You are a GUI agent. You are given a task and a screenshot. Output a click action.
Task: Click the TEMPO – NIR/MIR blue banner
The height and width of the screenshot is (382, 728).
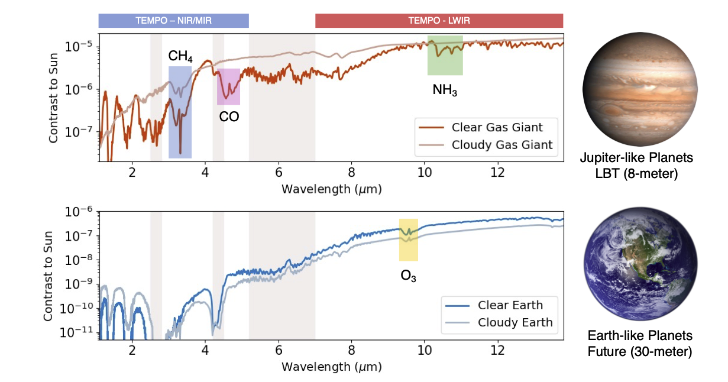pos(173,21)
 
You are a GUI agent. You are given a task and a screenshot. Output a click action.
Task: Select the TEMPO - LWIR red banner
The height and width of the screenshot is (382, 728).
pos(439,21)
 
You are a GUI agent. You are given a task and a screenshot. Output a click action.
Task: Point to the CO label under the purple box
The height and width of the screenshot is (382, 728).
pos(229,116)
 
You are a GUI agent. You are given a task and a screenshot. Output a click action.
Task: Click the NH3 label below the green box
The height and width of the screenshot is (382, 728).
pos(445,90)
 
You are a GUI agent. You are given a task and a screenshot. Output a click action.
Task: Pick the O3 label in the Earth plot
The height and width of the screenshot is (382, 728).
pos(409,275)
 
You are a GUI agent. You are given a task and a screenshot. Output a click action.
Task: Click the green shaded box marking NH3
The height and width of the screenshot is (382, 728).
pos(445,56)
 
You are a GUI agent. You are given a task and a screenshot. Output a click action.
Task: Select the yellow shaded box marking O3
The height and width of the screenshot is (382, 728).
pos(409,239)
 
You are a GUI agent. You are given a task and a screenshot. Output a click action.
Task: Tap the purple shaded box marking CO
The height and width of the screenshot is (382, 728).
pos(228,87)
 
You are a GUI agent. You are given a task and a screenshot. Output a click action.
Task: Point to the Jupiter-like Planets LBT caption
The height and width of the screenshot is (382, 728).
pos(636,166)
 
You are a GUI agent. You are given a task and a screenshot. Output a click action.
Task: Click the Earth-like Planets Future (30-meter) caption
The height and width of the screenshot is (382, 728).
pos(636,344)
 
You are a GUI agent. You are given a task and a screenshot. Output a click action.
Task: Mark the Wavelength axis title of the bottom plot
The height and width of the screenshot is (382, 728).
pos(331,367)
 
